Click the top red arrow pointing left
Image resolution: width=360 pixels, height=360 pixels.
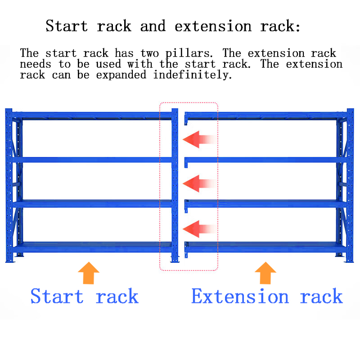pos(199,139)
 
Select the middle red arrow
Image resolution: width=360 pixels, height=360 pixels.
pos(199,184)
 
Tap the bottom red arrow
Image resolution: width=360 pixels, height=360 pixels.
pos(199,229)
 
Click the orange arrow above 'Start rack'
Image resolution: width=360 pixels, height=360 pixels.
pos(89,273)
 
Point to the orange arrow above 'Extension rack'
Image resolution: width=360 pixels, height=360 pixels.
pos(265,273)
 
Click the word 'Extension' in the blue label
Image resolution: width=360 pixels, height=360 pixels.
pos(240,297)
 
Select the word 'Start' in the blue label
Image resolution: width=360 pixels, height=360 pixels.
pos(57,297)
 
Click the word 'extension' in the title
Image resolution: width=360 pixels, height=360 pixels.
pos(213,26)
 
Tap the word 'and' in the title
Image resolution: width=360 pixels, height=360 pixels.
pos(153,26)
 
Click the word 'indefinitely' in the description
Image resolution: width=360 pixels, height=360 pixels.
pos(193,75)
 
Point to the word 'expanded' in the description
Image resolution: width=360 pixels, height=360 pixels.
pos(121,75)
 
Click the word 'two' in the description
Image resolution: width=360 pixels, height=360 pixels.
pos(149,53)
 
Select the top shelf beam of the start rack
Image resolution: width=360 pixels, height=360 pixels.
pos(92,116)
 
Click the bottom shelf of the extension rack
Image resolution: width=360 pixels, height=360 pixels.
pos(265,247)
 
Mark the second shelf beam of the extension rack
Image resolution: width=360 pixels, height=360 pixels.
pos(265,160)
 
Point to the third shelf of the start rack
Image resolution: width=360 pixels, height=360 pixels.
pos(92,204)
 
